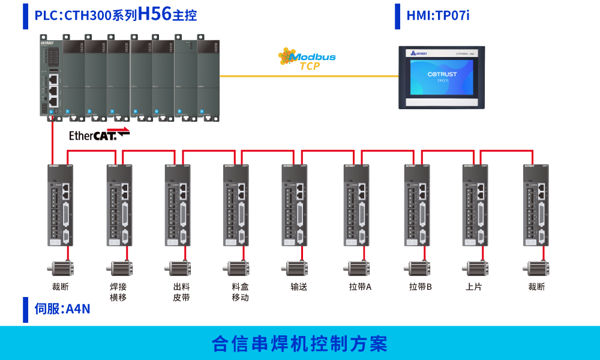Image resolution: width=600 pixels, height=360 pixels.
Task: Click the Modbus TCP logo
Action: point(307,59)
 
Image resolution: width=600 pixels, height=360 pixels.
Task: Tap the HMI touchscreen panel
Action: point(442,77)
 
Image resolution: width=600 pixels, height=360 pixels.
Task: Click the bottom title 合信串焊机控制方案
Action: point(300,344)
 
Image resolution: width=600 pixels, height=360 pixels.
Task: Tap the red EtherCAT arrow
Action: point(118,128)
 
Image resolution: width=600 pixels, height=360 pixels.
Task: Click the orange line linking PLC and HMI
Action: point(309,76)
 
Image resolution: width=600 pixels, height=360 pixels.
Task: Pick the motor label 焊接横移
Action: point(118,292)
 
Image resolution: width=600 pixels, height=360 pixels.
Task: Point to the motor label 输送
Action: point(299,287)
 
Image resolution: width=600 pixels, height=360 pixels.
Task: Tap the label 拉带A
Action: point(360,287)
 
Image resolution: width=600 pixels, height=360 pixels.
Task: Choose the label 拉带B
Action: point(421,287)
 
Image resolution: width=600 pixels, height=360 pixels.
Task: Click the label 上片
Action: point(473,287)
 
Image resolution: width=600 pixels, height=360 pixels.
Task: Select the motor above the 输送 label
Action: point(296,268)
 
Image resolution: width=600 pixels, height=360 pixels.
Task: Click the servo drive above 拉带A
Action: point(356,205)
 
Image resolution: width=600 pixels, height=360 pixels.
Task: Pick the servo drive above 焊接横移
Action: point(119,205)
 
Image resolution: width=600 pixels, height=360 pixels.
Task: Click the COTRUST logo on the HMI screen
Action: point(442,74)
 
